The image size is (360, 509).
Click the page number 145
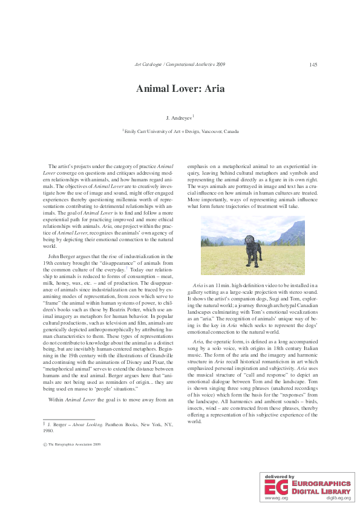click(313, 65)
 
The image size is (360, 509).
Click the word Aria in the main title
click(212, 88)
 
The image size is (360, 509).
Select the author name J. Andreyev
click(178, 116)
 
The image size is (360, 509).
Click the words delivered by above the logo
click(279, 477)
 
